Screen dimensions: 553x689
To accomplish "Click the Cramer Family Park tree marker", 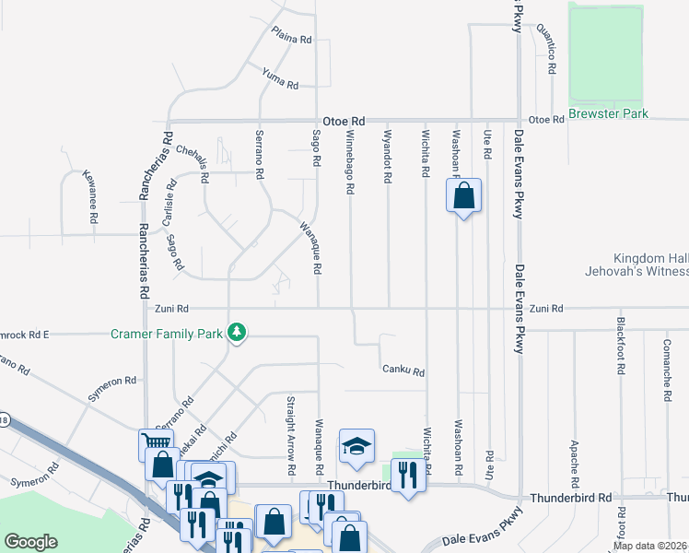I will click(x=237, y=332).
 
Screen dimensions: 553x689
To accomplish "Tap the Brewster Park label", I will click(x=608, y=113).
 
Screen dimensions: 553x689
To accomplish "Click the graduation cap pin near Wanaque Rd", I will click(x=356, y=446).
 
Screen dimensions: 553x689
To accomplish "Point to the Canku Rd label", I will click(x=403, y=371).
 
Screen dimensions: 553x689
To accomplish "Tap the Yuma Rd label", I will click(x=280, y=79).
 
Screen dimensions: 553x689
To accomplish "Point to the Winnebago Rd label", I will click(x=350, y=161).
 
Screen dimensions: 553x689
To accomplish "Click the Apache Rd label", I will click(x=575, y=462).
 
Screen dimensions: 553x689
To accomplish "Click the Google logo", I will click(x=30, y=542).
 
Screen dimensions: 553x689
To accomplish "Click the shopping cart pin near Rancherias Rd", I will click(x=155, y=444).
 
